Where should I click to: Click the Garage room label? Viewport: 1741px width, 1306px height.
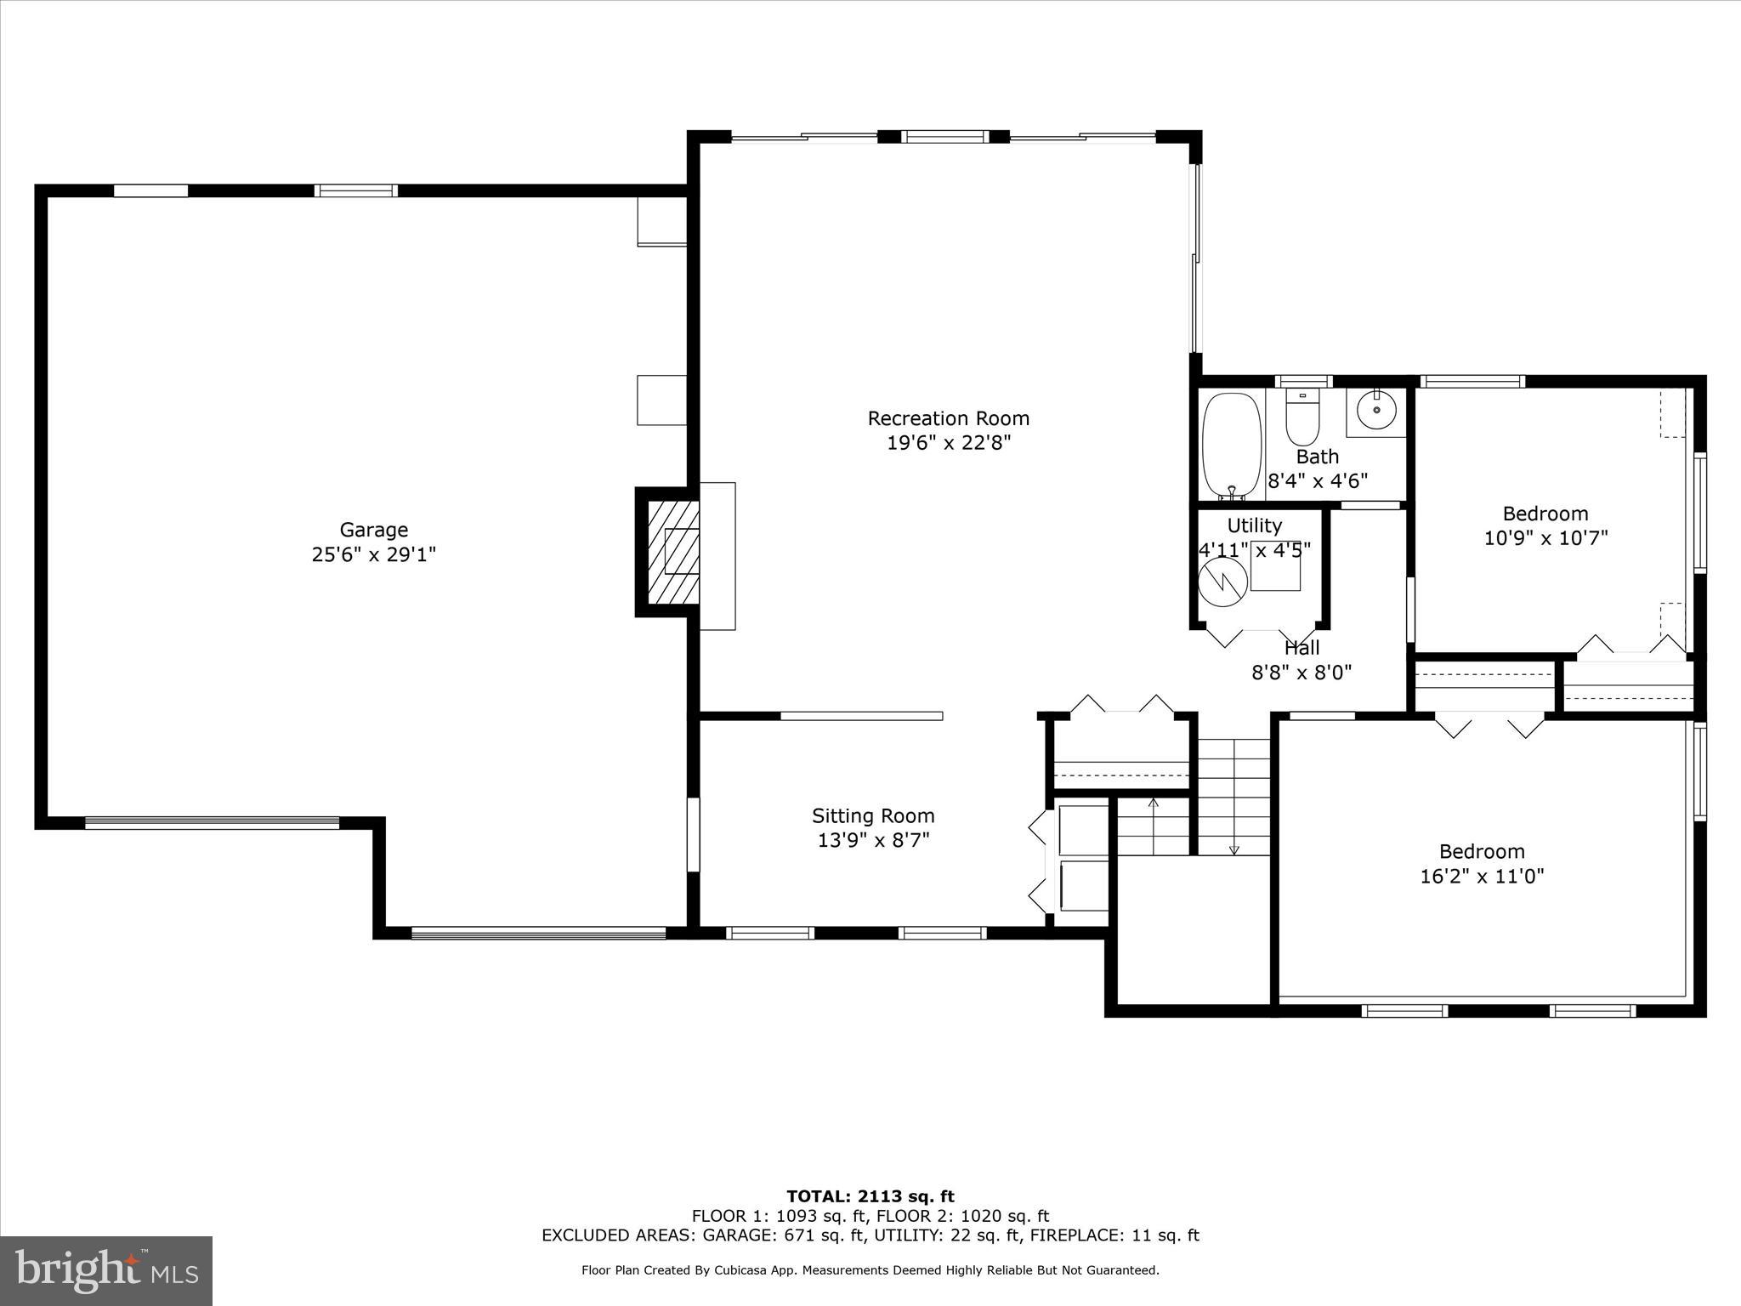click(x=374, y=530)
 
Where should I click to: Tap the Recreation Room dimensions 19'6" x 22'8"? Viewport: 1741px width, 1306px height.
click(x=948, y=443)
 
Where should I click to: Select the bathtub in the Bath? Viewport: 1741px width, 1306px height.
click(x=1231, y=446)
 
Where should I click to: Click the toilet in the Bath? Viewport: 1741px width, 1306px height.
click(x=1301, y=417)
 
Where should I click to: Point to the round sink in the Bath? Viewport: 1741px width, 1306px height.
click(x=1375, y=412)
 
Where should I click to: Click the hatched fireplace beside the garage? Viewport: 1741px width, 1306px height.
click(x=668, y=551)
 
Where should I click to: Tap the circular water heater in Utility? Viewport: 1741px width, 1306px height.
click(x=1222, y=582)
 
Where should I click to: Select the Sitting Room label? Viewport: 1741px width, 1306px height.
click(x=873, y=816)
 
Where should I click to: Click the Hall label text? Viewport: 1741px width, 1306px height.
click(x=1301, y=648)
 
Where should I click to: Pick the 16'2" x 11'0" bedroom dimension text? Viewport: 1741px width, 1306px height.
click(x=1482, y=876)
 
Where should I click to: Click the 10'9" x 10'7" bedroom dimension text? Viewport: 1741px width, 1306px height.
click(x=1545, y=538)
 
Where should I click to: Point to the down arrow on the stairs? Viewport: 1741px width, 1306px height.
click(x=1234, y=849)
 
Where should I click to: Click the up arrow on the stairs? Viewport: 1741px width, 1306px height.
click(x=1153, y=803)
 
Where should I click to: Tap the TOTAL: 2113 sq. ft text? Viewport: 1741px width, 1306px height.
click(x=870, y=1196)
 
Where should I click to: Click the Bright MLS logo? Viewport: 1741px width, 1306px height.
click(x=106, y=1270)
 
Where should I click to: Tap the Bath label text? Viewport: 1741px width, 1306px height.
click(x=1318, y=457)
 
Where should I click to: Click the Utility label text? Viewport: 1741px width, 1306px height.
click(x=1254, y=525)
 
